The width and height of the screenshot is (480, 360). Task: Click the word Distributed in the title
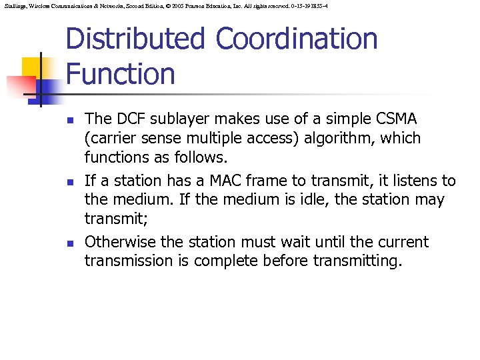coord(136,39)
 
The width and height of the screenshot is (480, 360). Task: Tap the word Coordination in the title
coord(295,39)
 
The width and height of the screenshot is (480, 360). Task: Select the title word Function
coord(120,73)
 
